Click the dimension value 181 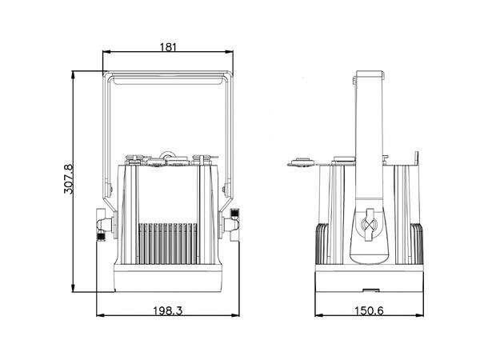point(168,46)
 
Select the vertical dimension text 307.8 point(68,180)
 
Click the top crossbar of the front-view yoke point(168,77)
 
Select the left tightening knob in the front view point(102,225)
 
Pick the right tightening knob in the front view point(234,225)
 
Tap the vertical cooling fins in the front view point(168,240)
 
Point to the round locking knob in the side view point(369,226)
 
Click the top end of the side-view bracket point(369,76)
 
